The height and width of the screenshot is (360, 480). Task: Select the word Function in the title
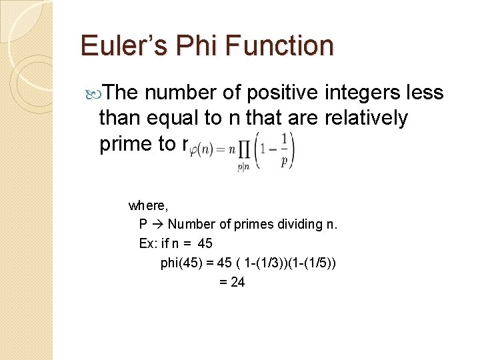click(x=289, y=45)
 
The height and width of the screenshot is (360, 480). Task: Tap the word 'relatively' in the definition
click(x=366, y=118)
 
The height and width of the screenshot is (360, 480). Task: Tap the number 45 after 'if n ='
click(x=201, y=243)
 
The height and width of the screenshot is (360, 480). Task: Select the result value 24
click(x=237, y=282)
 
